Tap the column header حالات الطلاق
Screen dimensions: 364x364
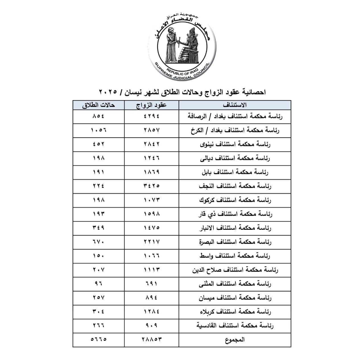tap(98, 105)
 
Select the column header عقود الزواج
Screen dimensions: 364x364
tap(152, 105)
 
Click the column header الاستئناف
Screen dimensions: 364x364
tap(235, 105)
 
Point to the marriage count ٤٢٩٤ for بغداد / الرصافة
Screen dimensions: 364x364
tap(152, 116)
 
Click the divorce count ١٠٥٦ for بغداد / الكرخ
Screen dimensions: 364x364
tap(98, 130)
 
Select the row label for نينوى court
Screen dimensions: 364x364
tap(235, 144)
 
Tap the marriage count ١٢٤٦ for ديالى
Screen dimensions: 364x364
tap(152, 158)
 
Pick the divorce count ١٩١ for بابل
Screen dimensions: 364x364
tap(98, 172)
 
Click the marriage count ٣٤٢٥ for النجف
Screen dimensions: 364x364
tap(152, 186)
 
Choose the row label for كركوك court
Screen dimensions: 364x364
tap(235, 200)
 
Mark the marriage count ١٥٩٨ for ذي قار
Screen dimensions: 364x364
tap(152, 214)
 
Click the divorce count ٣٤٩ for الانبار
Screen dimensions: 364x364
tap(98, 228)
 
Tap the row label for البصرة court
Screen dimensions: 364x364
tap(235, 242)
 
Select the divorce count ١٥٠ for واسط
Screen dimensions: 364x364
tap(98, 256)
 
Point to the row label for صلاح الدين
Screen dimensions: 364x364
tap(235, 270)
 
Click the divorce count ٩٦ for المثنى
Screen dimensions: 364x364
tap(98, 284)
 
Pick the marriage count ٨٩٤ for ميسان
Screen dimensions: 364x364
tap(152, 297)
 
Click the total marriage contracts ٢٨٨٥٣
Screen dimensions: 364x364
tap(152, 340)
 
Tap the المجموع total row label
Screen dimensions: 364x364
tap(235, 340)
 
